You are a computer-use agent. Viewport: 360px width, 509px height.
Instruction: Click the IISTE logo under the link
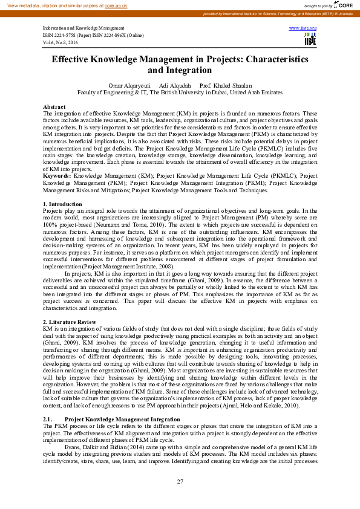[x=310, y=39]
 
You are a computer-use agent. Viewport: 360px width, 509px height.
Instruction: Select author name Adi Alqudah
[x=174, y=86]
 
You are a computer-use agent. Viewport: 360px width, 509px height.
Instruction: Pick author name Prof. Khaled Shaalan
[x=225, y=86]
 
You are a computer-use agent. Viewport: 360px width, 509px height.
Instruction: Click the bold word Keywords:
[x=57, y=175]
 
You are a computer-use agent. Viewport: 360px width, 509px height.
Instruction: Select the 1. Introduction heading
[x=63, y=204]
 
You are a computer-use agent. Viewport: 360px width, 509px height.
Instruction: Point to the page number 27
[x=180, y=481]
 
